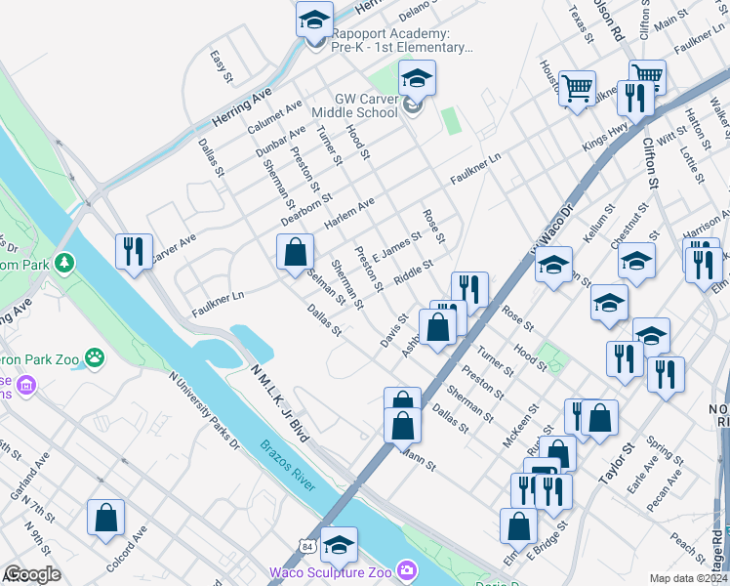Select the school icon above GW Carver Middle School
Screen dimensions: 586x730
tap(417, 79)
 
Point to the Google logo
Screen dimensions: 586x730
tap(33, 574)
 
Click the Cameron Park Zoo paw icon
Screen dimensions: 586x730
tap(95, 358)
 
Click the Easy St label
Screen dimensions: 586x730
tap(222, 67)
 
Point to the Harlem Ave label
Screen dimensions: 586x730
tap(348, 210)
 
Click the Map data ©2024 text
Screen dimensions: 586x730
tap(689, 578)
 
